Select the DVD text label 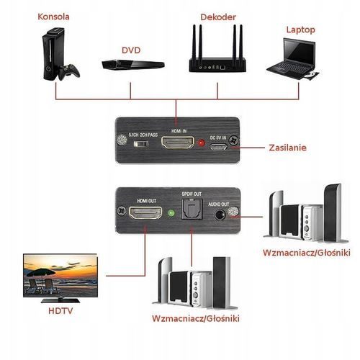131,50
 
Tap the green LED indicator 170,212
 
